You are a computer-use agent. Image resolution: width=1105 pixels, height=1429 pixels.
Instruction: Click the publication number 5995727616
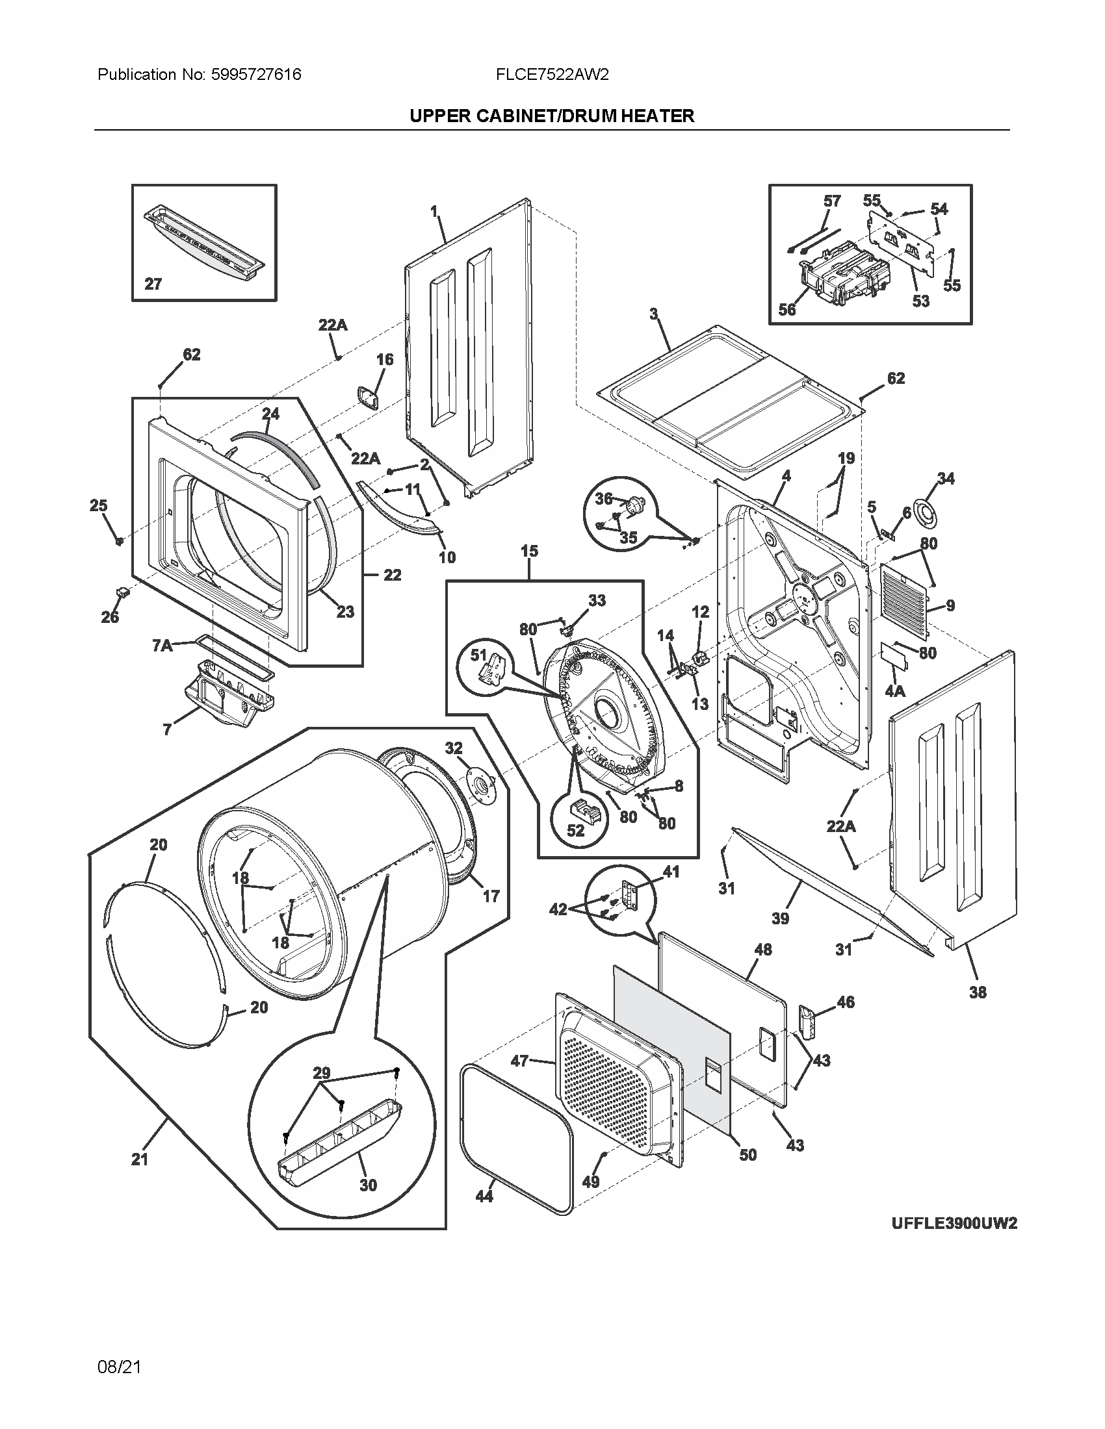(x=256, y=75)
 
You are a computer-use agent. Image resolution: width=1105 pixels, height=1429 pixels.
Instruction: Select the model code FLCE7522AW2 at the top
(x=552, y=75)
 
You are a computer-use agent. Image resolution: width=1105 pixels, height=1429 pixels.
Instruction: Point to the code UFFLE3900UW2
(x=954, y=1224)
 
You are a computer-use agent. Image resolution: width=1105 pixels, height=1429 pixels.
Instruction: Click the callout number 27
(x=153, y=284)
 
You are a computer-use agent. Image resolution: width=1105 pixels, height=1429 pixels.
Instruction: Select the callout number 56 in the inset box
(x=787, y=309)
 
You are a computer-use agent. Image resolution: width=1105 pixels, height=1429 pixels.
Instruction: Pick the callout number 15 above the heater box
(x=529, y=551)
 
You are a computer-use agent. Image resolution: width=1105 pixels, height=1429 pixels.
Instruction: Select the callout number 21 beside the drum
(x=140, y=1159)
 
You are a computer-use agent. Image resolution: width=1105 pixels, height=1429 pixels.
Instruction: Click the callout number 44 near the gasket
(x=484, y=1196)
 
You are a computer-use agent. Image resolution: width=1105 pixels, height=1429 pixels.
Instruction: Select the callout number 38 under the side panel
(x=978, y=992)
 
